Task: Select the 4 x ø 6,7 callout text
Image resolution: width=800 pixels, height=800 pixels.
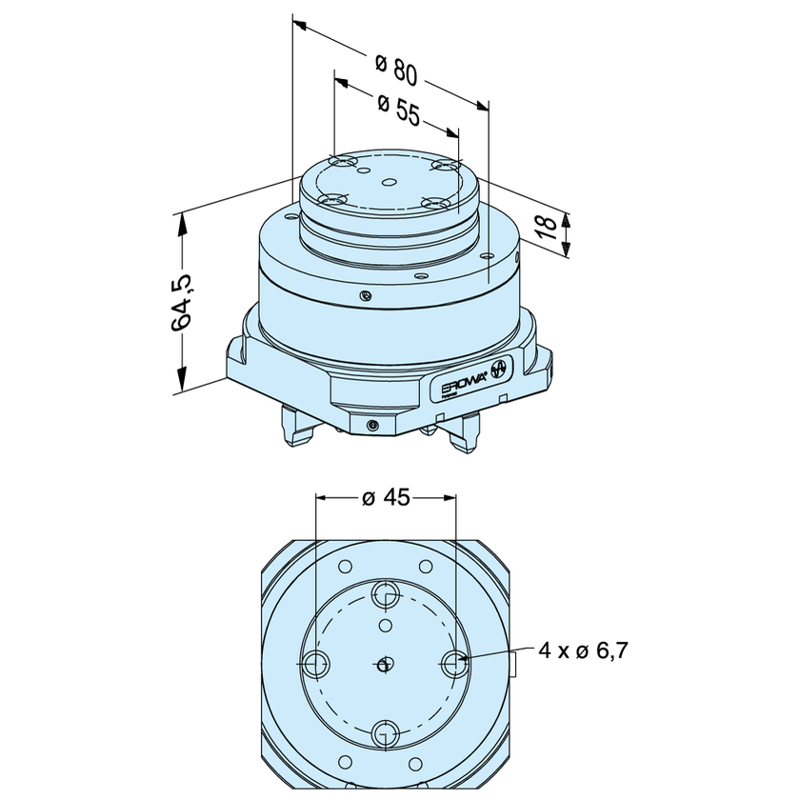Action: point(582,650)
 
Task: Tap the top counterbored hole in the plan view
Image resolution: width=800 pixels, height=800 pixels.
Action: point(386,596)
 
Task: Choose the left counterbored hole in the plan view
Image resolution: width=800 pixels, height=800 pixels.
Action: point(314,664)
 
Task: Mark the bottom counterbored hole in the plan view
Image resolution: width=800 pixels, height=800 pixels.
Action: point(386,733)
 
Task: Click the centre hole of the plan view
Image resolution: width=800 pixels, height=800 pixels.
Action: point(385,665)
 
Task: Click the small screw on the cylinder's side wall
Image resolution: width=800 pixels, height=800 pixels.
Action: point(365,296)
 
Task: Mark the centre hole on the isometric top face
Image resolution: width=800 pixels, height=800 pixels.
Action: point(389,181)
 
